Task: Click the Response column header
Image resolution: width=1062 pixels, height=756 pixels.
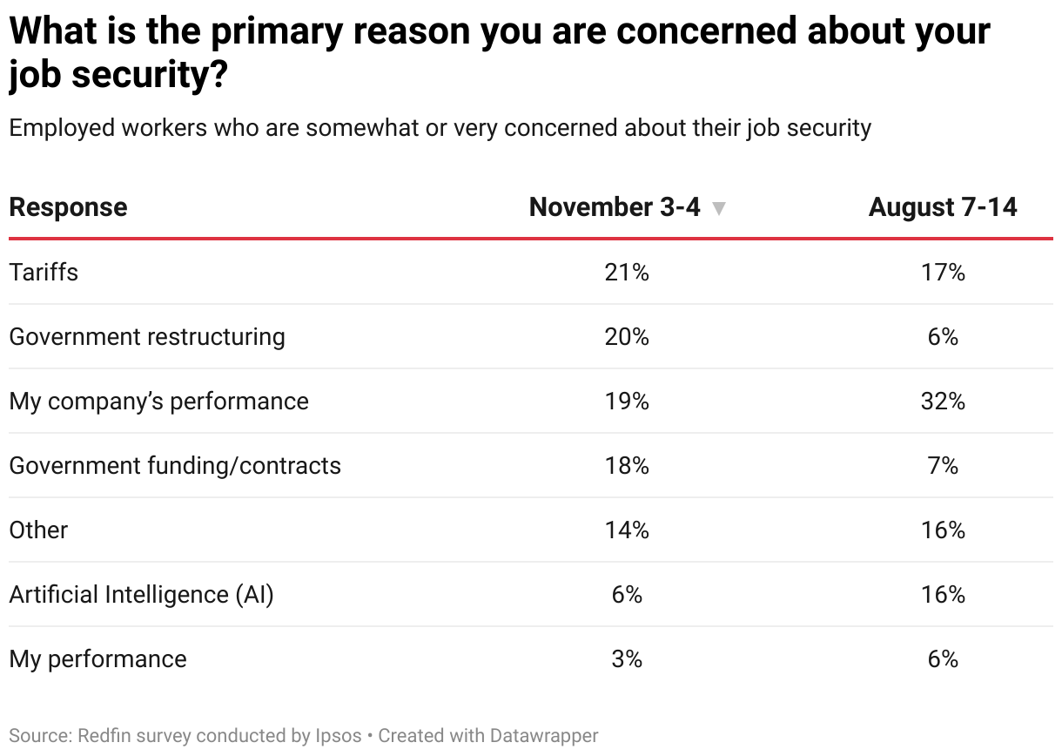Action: click(x=68, y=207)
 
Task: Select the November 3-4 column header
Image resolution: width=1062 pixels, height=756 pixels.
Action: click(x=615, y=207)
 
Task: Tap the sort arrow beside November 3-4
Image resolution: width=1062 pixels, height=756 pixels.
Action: click(x=718, y=209)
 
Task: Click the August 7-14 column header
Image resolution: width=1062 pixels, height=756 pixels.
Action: click(x=943, y=207)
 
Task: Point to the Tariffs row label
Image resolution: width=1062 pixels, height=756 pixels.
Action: click(x=44, y=272)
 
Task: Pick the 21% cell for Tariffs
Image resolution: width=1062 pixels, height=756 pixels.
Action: click(x=627, y=272)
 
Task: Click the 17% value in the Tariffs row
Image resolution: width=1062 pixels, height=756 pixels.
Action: click(x=943, y=272)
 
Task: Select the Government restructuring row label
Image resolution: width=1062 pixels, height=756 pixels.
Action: click(x=147, y=336)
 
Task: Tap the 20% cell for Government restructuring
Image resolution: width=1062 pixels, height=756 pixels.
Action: click(x=627, y=336)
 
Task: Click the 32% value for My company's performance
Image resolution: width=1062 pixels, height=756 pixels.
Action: click(x=943, y=401)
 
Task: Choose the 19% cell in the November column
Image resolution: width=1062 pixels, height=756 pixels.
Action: click(x=627, y=401)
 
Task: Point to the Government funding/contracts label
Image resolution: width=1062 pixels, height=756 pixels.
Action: click(x=175, y=465)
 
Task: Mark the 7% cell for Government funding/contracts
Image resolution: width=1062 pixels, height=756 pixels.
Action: click(x=943, y=465)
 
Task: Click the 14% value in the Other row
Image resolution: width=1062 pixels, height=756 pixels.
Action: click(x=627, y=530)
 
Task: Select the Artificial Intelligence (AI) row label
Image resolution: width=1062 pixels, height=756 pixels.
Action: click(x=141, y=594)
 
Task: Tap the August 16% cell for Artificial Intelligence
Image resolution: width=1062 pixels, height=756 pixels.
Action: click(x=943, y=594)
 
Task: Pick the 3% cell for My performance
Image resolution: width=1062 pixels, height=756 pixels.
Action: click(x=627, y=658)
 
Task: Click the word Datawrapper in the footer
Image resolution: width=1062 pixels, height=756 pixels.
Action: click(x=543, y=736)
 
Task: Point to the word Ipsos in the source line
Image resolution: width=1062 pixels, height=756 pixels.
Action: click(x=338, y=736)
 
